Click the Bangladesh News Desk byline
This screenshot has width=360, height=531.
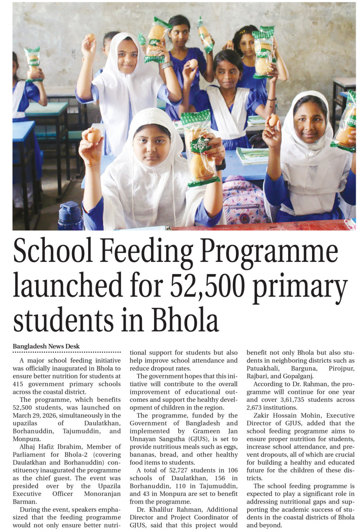tap(46, 346)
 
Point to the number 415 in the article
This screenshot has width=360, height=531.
tap(17, 384)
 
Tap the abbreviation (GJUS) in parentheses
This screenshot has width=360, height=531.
tap(199, 439)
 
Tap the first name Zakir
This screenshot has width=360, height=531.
tap(261, 415)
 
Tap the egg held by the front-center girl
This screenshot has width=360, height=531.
tap(94, 135)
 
